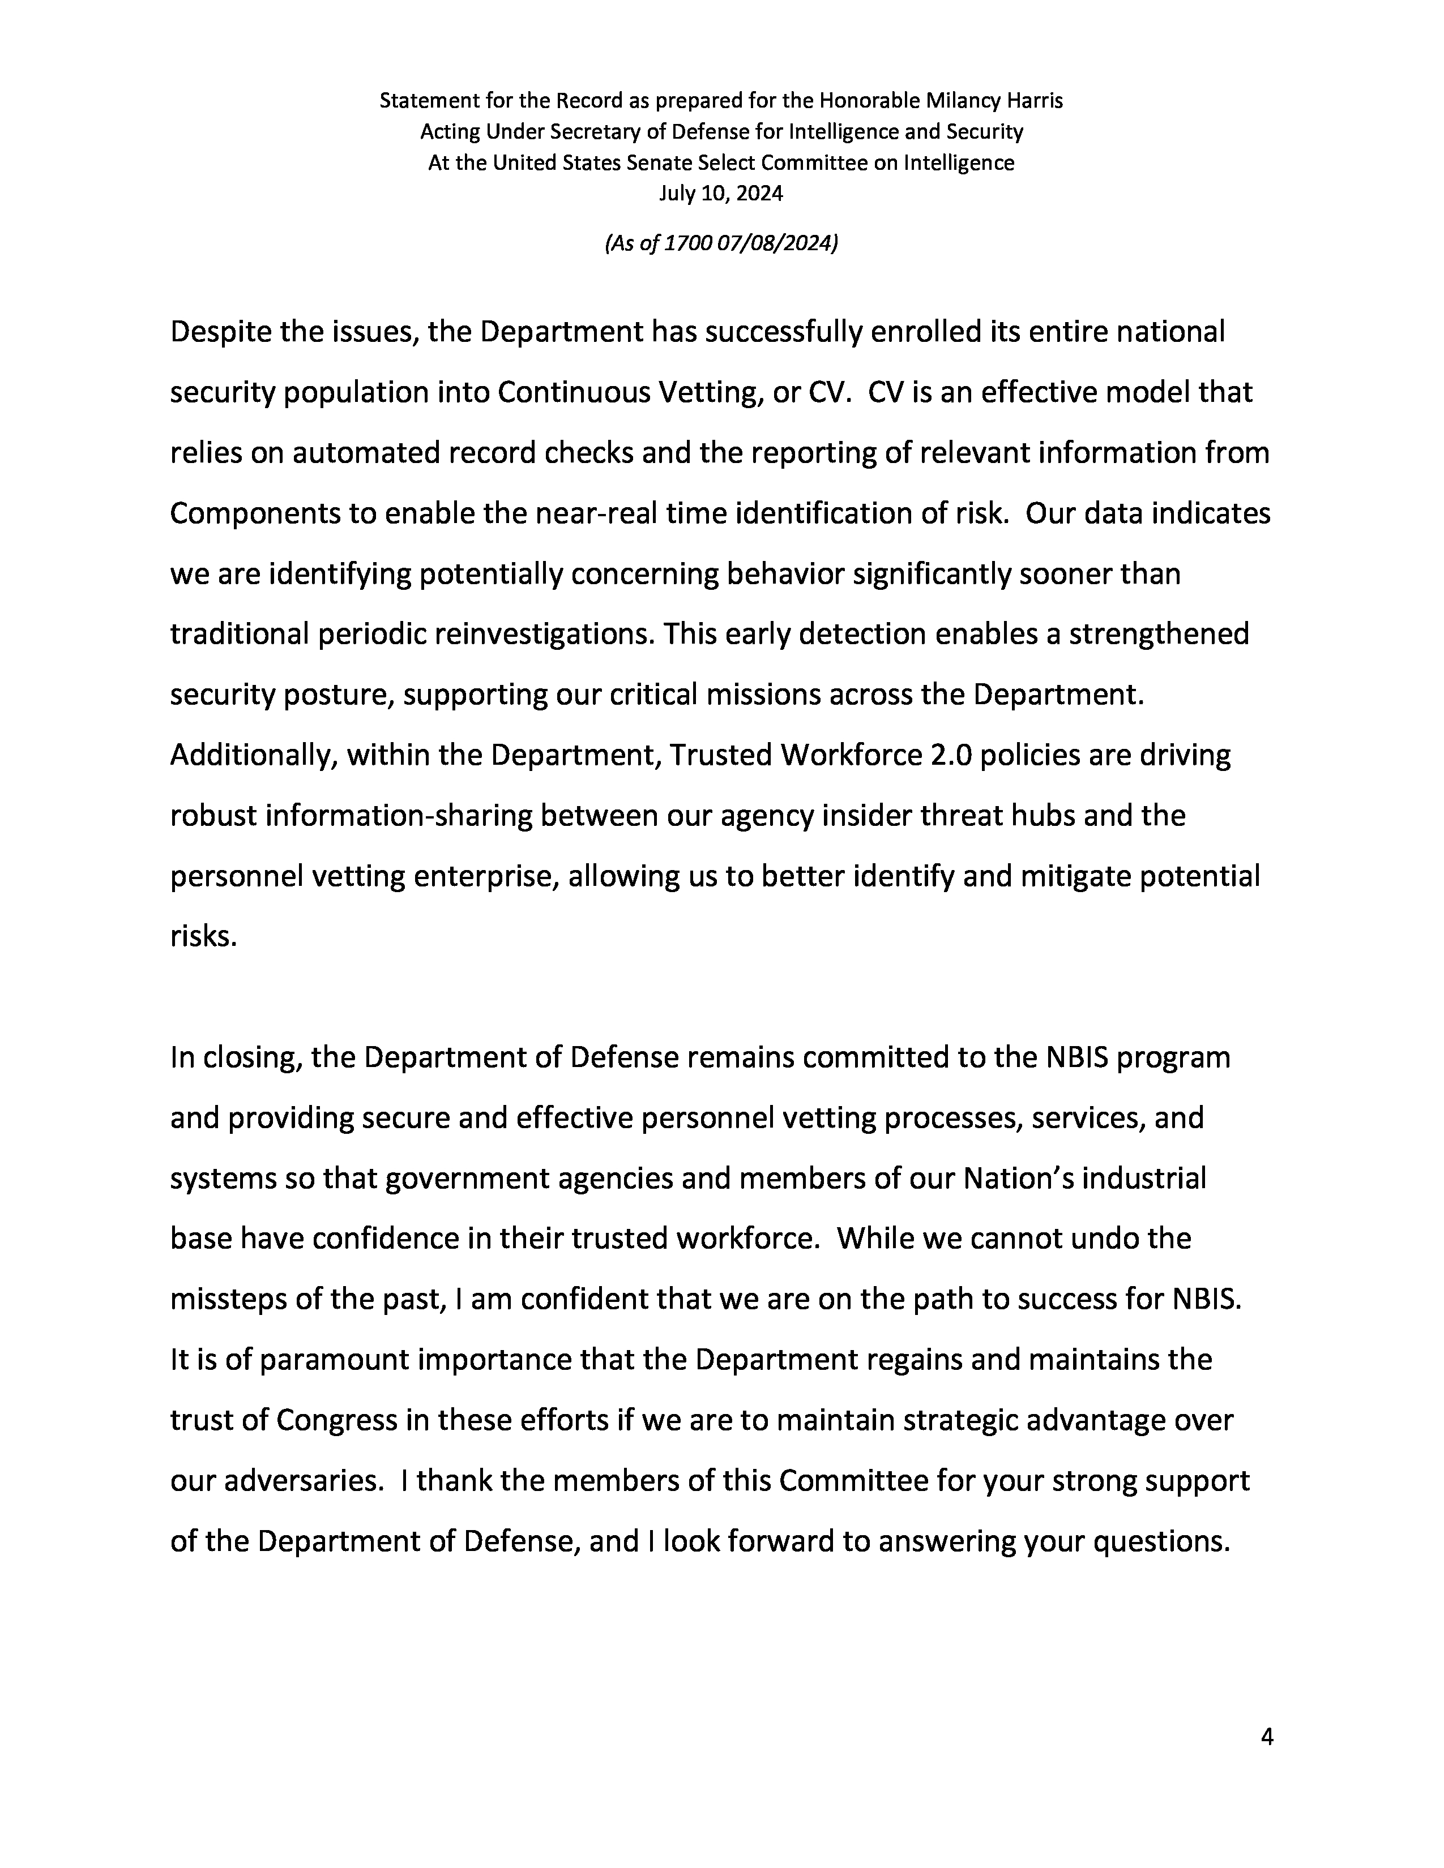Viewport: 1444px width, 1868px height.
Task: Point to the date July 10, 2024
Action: [720, 193]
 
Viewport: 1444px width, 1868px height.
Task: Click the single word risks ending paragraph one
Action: [203, 937]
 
